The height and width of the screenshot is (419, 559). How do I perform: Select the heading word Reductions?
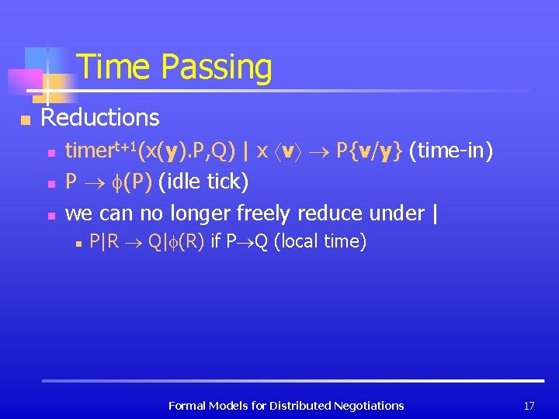point(100,118)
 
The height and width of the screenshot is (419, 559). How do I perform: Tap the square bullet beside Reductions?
point(26,119)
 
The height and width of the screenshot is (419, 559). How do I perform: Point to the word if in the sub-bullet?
point(215,241)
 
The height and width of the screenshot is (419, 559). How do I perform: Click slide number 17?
point(529,405)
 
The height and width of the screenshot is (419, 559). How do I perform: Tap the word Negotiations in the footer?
point(368,405)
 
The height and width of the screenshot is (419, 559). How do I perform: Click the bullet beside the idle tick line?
point(50,184)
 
